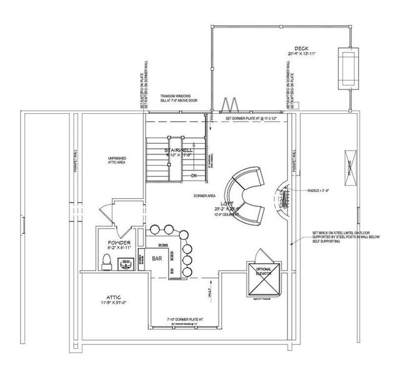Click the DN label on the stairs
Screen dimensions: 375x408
194,176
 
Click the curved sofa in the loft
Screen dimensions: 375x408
245,194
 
